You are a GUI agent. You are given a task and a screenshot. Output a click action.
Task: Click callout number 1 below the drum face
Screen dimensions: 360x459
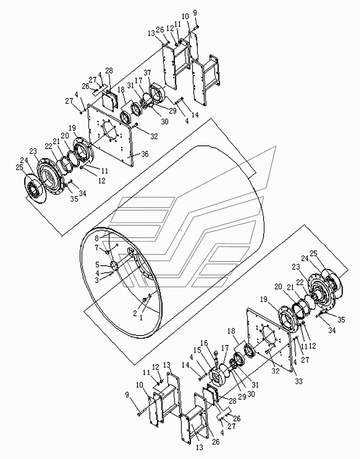click(x=141, y=318)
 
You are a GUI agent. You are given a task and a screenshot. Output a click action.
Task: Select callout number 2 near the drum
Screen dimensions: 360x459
click(x=135, y=314)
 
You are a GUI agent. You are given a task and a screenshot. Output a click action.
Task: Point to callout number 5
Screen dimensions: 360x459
click(x=97, y=265)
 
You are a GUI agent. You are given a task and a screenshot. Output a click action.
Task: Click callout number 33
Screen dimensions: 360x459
click(x=299, y=381)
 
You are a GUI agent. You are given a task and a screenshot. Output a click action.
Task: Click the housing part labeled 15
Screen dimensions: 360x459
click(x=218, y=376)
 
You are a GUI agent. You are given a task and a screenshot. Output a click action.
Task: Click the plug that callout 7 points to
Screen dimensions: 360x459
click(x=107, y=252)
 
